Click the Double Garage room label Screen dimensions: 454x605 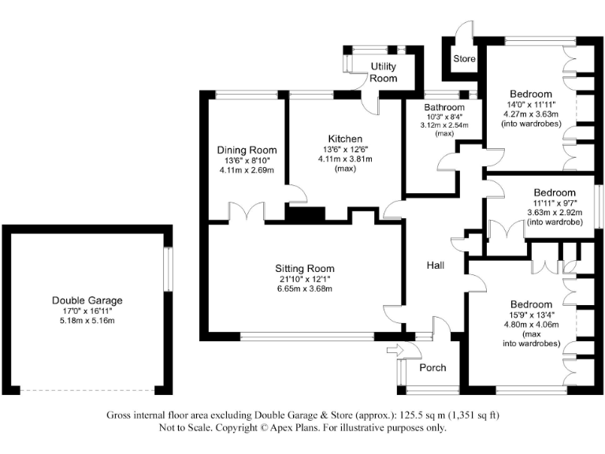click(87, 300)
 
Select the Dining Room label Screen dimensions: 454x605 click(247, 150)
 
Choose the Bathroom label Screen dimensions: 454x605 click(444, 106)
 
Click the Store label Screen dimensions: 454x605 click(464, 59)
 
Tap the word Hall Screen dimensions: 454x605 click(436, 266)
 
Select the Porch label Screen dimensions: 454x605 click(432, 367)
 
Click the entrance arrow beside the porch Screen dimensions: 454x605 click(394, 348)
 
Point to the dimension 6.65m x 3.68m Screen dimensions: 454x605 click(299, 288)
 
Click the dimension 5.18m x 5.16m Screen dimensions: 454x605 click(87, 321)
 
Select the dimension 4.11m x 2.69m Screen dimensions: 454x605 click(247, 170)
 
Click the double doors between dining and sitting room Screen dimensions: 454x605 click(253, 212)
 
